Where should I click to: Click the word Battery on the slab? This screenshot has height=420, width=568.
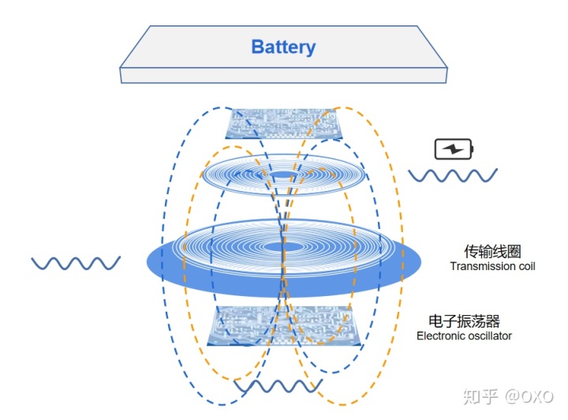283,47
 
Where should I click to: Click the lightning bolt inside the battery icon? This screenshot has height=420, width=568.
454,148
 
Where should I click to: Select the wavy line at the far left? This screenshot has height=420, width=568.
76,262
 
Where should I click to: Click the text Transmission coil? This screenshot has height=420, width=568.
492,267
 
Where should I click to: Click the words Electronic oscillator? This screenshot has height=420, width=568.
464,336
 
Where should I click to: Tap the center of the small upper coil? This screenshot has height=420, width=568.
283,174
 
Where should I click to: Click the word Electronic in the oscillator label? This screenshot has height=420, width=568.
438,336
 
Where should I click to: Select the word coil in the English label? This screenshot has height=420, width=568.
525,267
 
